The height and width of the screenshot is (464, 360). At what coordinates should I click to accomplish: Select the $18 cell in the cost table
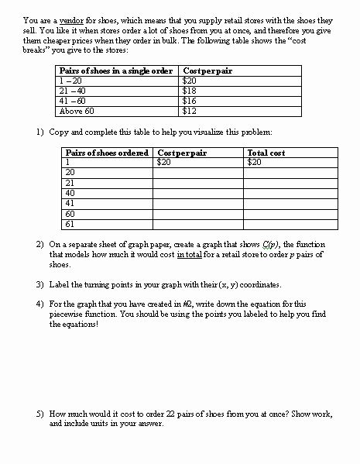188,91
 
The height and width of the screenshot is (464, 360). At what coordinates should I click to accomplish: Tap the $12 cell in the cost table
188,111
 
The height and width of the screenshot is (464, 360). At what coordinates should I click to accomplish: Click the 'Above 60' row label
74,111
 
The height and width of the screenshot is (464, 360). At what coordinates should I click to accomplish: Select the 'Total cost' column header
266,153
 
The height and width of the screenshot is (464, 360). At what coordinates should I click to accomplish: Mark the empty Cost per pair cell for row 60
199,213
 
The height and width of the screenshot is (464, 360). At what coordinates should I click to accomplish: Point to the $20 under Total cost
255,163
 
